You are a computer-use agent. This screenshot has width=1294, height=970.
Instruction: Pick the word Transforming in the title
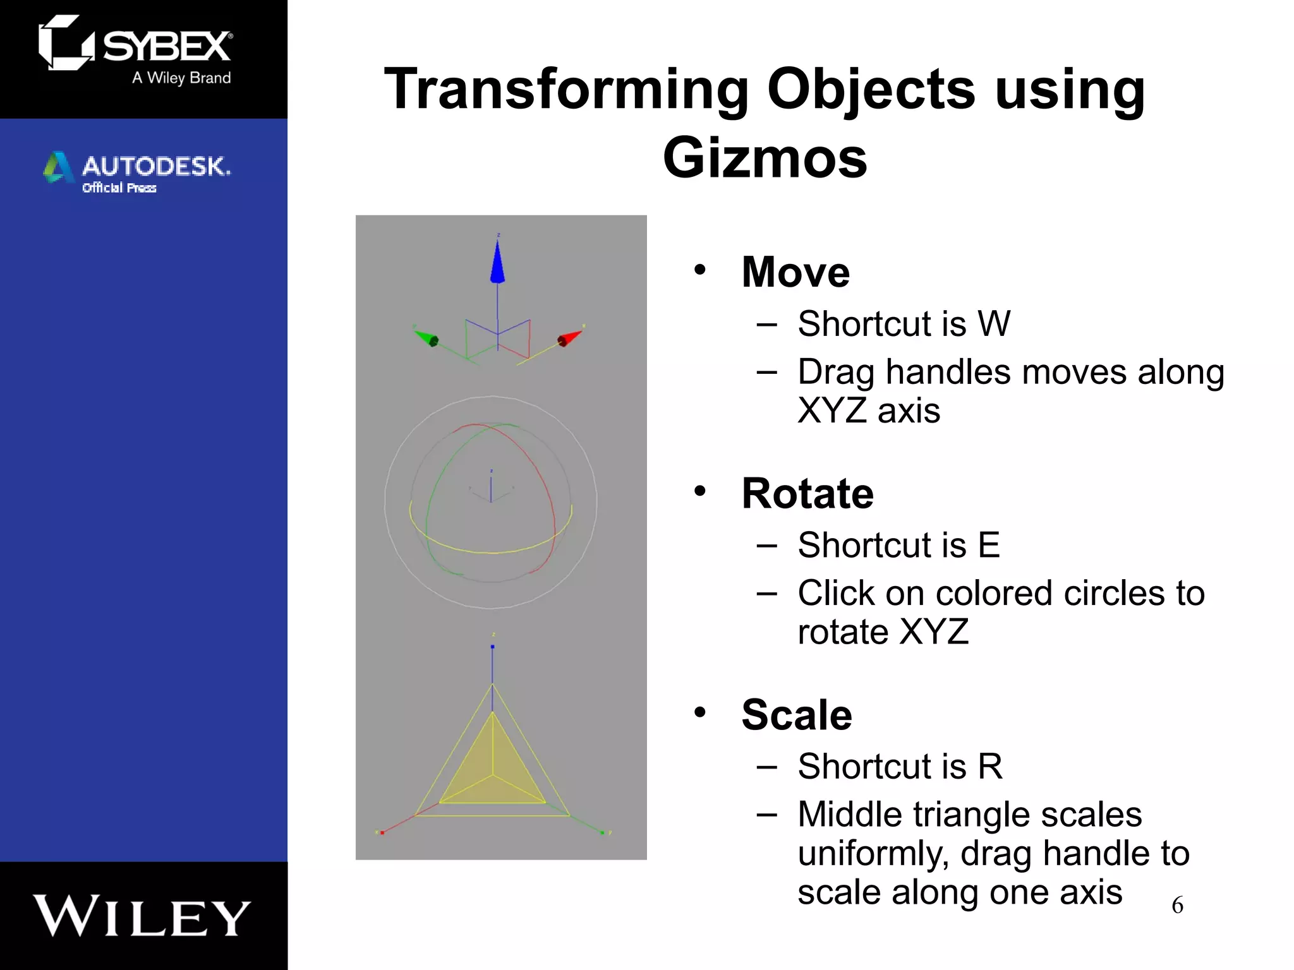(566, 90)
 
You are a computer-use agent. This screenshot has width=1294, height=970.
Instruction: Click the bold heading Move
(795, 272)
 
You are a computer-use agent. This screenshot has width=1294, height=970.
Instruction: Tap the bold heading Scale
(796, 715)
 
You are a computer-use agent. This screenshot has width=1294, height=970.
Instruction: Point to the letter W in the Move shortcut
(994, 324)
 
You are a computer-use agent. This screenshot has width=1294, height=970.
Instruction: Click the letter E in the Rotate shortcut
(989, 545)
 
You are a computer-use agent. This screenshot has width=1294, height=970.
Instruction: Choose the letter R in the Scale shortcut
(990, 767)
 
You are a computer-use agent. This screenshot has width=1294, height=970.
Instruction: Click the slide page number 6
(1177, 906)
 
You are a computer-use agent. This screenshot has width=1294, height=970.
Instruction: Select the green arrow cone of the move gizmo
(426, 338)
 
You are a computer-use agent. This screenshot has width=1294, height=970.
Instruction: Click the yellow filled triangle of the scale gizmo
(492, 770)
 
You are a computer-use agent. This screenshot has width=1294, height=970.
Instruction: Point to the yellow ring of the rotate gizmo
(493, 552)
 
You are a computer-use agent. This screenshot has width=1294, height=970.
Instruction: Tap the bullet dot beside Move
(699, 270)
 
